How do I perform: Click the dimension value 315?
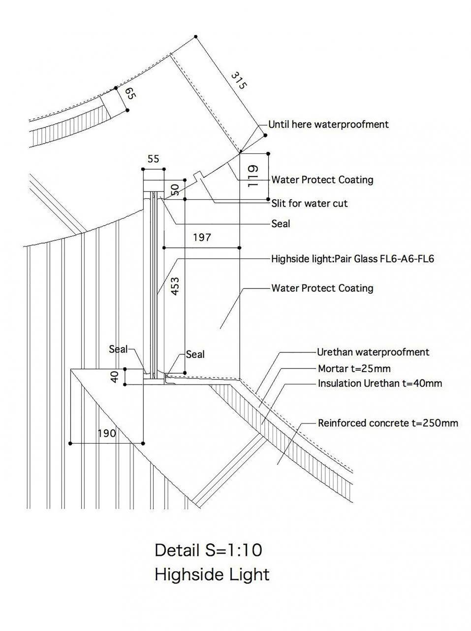click(x=238, y=80)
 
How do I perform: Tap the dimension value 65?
click(x=129, y=94)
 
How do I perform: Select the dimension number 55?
click(x=154, y=159)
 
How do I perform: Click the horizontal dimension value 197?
click(x=202, y=237)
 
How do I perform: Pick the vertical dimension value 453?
click(x=175, y=286)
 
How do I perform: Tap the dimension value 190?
click(x=107, y=433)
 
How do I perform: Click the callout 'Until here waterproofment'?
click(x=328, y=124)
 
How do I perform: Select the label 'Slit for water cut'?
click(x=310, y=203)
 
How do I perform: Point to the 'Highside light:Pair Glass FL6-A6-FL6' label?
click(x=352, y=259)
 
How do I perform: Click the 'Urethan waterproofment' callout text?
click(x=373, y=352)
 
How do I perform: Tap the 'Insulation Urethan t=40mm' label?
click(x=380, y=383)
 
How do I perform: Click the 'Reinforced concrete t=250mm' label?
click(x=388, y=423)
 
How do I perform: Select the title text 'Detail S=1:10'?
click(x=208, y=550)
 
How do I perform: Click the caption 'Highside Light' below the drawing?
click(x=212, y=574)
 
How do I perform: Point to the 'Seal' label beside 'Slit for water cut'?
click(x=281, y=224)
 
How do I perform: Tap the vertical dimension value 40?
click(x=115, y=377)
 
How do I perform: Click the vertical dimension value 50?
click(x=174, y=190)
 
